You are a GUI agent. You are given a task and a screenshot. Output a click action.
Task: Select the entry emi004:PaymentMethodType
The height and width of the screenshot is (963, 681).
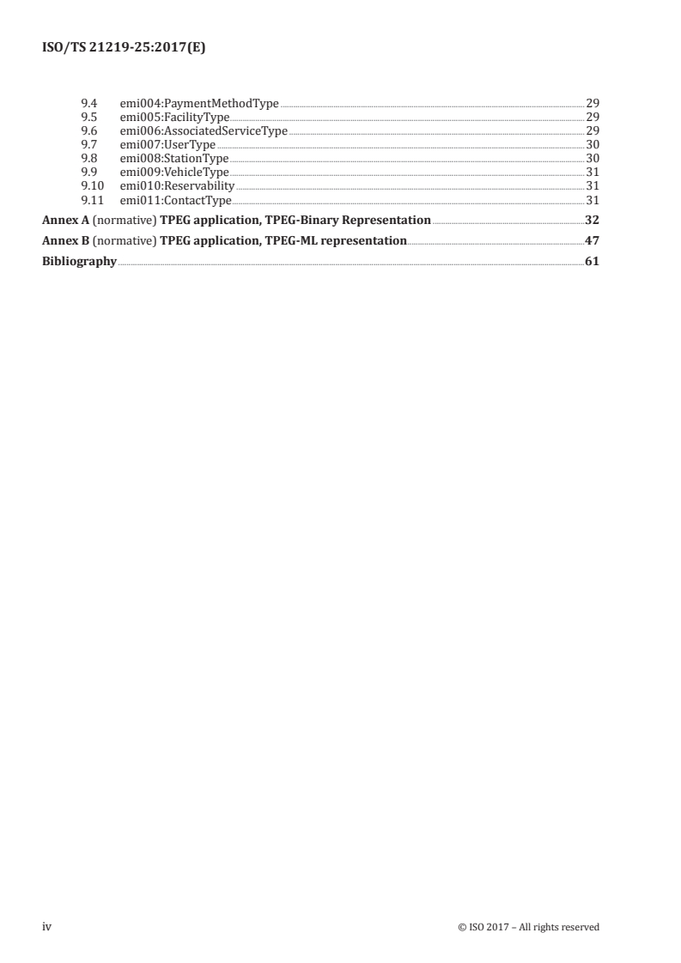[x=199, y=104]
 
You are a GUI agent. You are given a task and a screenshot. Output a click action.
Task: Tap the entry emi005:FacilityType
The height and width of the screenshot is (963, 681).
[x=174, y=118]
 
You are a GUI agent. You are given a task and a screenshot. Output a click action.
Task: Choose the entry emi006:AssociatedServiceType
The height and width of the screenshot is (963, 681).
[x=204, y=131]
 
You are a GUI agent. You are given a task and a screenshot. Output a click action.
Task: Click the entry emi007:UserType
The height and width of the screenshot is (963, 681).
[x=167, y=145]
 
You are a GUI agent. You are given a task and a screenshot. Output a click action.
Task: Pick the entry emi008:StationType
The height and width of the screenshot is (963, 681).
[x=174, y=159]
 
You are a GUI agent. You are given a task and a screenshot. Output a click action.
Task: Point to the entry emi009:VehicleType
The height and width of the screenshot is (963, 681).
[x=174, y=173]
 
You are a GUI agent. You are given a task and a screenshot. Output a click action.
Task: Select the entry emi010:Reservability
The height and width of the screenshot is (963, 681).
[x=177, y=186]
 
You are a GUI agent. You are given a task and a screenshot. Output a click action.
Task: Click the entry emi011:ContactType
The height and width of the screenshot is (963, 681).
[x=176, y=200]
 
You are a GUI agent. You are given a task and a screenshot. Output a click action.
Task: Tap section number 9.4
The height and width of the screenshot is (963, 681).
[x=87, y=104]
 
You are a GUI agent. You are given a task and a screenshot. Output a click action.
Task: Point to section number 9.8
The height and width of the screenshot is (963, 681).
[x=87, y=159]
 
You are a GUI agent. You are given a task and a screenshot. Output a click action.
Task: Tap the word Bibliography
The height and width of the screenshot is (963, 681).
[x=79, y=262]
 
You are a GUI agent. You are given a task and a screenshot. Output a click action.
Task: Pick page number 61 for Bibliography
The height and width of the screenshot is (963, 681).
[x=592, y=262]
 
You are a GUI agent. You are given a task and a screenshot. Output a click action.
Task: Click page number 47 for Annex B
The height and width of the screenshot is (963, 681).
[x=592, y=241]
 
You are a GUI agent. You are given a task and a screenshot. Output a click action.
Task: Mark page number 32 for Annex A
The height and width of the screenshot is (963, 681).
[x=592, y=221]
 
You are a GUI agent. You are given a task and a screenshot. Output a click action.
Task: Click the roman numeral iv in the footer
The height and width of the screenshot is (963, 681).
[x=47, y=928]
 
